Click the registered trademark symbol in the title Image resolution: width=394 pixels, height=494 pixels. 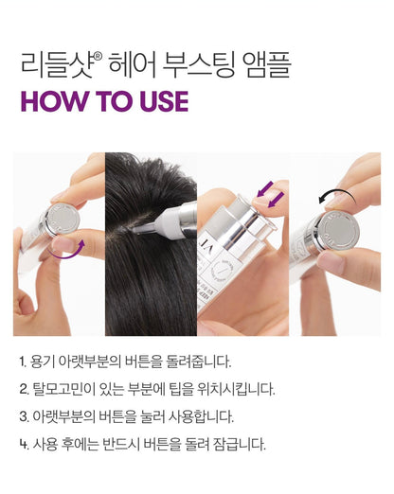(98, 56)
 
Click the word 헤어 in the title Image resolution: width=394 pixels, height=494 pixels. (132, 65)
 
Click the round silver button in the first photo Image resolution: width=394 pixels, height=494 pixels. (63, 219)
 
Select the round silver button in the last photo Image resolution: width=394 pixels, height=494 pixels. (340, 229)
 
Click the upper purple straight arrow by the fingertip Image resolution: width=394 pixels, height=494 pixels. (264, 188)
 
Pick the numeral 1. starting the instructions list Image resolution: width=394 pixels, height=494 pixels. (23, 362)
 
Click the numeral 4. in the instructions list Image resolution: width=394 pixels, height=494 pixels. (24, 445)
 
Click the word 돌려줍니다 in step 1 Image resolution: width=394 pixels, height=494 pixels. (199, 362)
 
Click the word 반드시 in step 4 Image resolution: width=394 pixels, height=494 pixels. (121, 445)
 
